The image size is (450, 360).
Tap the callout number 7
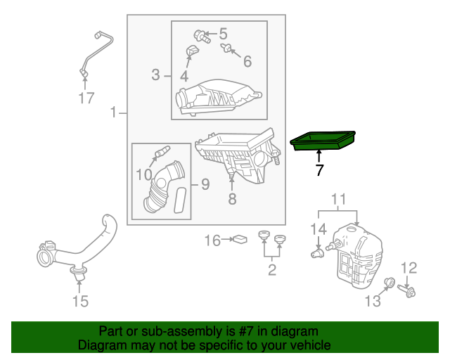point(319,170)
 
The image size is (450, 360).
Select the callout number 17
point(86,98)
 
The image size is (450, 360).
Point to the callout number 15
point(80,302)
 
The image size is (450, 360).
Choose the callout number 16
point(212,241)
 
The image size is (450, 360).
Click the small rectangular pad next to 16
point(240,240)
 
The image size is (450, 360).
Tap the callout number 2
point(271,269)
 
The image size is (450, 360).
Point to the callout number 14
point(319,229)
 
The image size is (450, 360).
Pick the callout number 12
point(409,267)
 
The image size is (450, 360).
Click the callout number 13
point(372,301)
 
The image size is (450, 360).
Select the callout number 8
point(232,199)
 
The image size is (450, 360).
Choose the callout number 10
point(143,174)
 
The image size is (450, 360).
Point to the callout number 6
point(247,61)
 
